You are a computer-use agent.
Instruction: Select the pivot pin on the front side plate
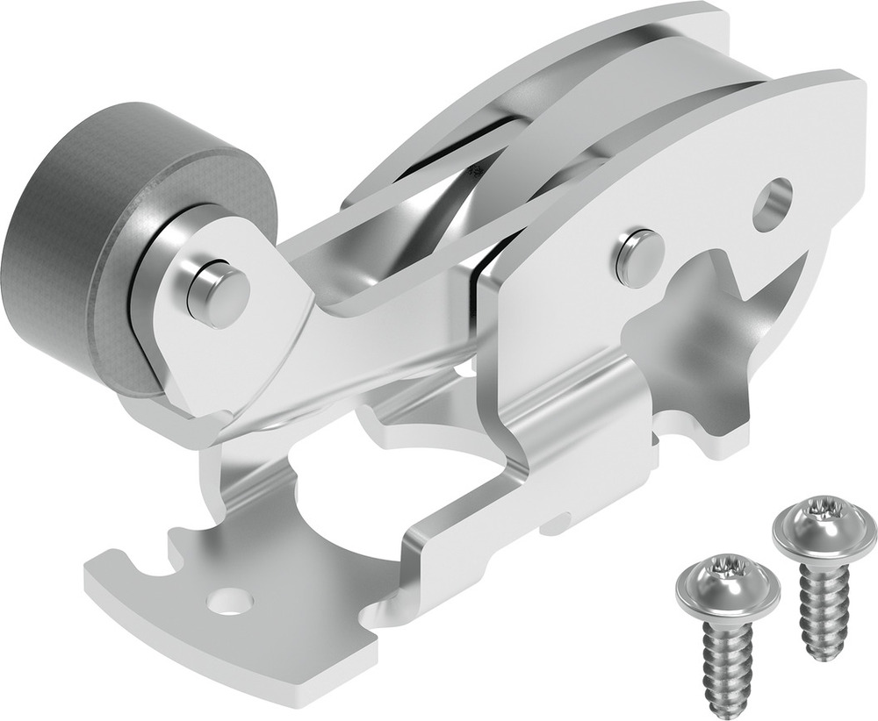click(639, 258)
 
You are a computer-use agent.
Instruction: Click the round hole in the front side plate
click(772, 203)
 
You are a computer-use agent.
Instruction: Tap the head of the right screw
click(824, 526)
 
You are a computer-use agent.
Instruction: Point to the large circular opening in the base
click(369, 474)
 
